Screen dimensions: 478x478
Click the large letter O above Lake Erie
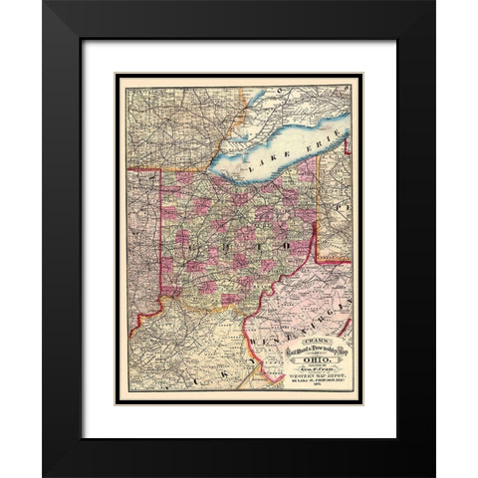point(284,91)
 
